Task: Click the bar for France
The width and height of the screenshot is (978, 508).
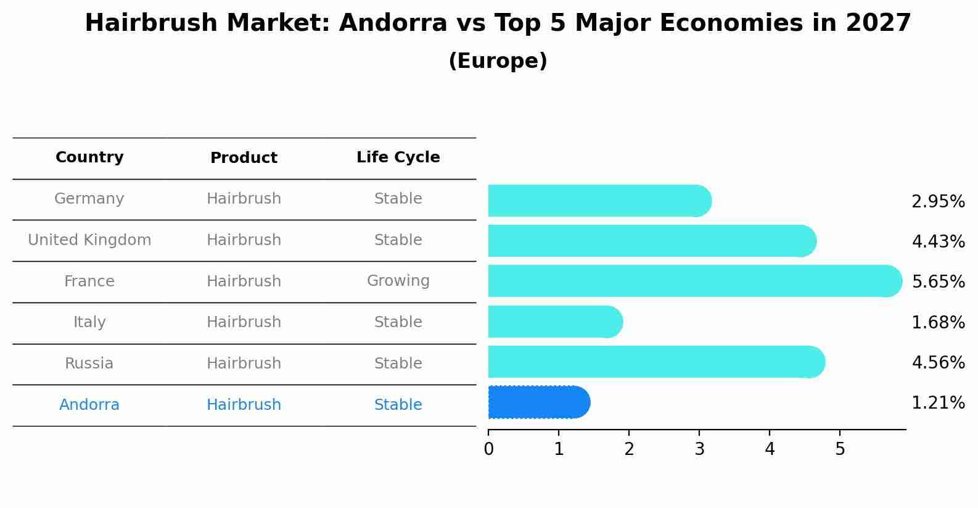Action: click(x=694, y=281)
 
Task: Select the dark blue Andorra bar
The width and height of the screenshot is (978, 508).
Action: click(x=538, y=402)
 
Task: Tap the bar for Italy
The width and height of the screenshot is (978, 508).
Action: click(x=555, y=322)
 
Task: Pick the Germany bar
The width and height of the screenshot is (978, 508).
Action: click(x=599, y=201)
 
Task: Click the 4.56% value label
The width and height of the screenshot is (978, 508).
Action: click(x=938, y=362)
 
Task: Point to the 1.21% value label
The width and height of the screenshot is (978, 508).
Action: click(x=938, y=403)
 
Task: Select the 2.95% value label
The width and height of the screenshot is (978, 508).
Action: click(x=938, y=202)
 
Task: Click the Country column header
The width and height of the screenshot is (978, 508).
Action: click(x=89, y=157)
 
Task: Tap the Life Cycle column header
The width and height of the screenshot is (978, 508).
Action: click(x=398, y=157)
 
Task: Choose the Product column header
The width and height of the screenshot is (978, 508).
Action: click(x=244, y=158)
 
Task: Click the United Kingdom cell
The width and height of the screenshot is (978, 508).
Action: click(x=89, y=240)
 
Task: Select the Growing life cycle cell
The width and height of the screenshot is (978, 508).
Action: click(x=398, y=281)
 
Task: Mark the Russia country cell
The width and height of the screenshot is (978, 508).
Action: click(x=89, y=364)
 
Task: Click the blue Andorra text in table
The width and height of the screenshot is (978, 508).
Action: click(x=89, y=405)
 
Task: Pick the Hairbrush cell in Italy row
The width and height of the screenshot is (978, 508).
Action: click(x=244, y=322)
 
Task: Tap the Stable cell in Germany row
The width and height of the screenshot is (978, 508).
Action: click(x=398, y=199)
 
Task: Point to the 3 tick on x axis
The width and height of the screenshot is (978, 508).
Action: click(x=699, y=449)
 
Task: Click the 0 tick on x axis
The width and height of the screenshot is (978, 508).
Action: click(x=488, y=449)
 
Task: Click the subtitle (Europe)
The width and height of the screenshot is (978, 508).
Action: click(x=498, y=61)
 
